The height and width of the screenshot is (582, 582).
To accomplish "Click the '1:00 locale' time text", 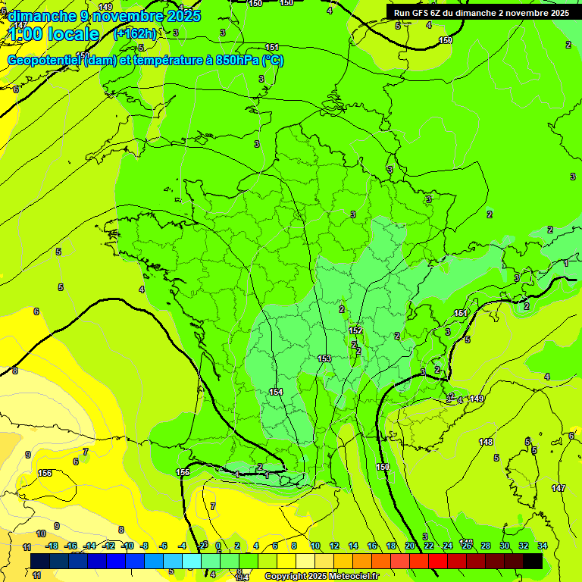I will (52, 34).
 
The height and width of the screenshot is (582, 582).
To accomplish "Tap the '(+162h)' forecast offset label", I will (134, 33).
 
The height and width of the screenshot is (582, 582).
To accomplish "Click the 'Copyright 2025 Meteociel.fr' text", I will (322, 577).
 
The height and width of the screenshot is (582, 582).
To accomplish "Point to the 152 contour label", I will (355, 331).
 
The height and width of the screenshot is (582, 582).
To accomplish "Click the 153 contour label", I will (324, 358).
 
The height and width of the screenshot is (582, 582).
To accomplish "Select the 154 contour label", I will (276, 392).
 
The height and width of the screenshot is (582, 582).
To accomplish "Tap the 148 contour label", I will (486, 442).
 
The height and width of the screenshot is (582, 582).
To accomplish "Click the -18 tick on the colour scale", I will (52, 546).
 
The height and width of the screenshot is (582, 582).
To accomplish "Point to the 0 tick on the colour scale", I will (218, 546).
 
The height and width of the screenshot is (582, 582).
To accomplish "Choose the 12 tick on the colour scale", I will (333, 546).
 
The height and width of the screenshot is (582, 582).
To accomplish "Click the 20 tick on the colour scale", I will (410, 546).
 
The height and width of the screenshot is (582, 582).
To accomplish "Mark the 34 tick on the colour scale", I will (543, 546).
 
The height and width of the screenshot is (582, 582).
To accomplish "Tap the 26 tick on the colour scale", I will (467, 546).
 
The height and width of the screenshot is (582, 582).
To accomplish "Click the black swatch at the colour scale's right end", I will (533, 561).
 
